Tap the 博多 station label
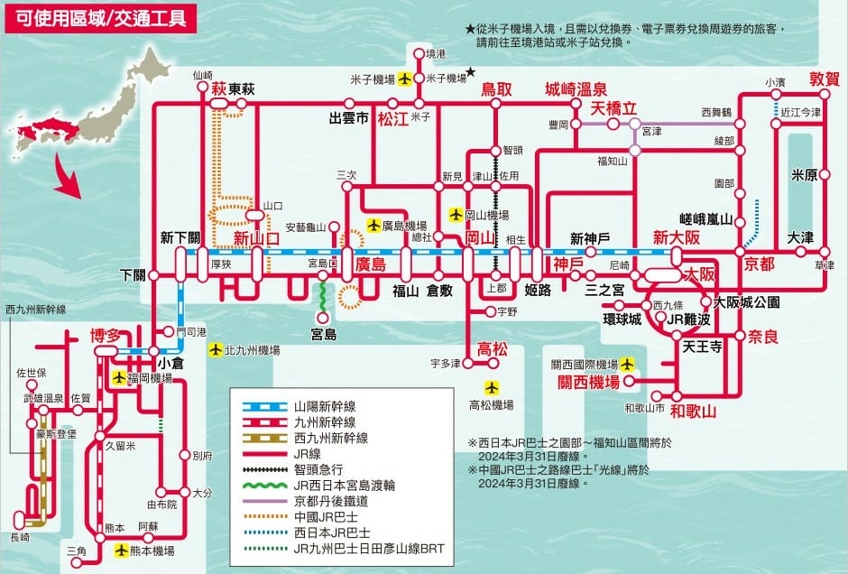click(x=106, y=335)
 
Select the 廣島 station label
click(x=371, y=264)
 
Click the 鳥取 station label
click(x=496, y=88)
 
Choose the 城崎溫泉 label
click(x=576, y=88)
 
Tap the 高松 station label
click(x=493, y=348)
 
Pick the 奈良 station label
click(x=762, y=337)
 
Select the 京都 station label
click(x=759, y=264)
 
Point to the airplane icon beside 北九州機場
click(x=215, y=349)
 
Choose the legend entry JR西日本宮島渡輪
click(x=337, y=486)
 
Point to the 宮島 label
click(x=324, y=334)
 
